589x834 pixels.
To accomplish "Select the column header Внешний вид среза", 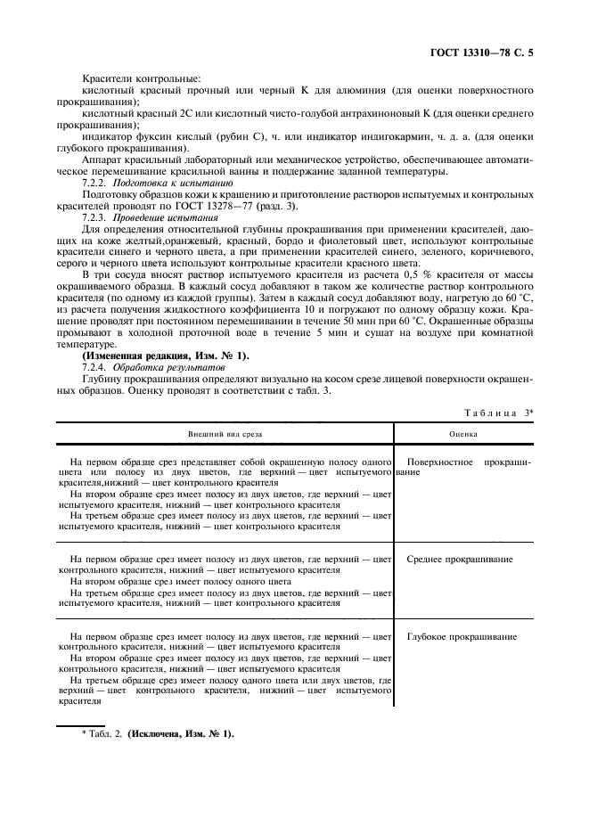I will tap(225, 435).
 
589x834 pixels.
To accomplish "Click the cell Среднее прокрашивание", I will tap(459, 559).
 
